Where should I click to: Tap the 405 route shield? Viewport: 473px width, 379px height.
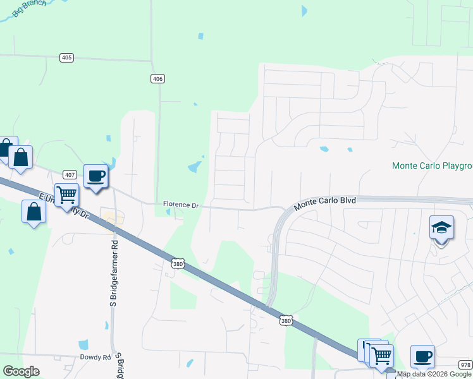coord(67,57)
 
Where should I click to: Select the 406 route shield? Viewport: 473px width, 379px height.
coord(158,78)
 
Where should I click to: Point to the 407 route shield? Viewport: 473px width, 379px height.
coord(70,174)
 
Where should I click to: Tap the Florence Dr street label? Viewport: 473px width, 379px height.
coord(181,205)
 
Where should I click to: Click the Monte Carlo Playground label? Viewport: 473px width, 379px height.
coord(433,166)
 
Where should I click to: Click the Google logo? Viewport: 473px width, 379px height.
coord(21,371)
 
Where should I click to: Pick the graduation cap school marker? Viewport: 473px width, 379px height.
coord(442,228)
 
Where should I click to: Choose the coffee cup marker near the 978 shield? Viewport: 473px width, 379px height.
coord(422,357)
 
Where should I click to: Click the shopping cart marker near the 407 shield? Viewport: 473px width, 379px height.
coord(66,195)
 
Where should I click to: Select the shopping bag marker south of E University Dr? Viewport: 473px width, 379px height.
coord(34,212)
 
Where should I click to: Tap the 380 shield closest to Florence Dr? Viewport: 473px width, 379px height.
coord(178,262)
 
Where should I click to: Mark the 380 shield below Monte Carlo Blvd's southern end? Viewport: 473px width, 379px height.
coord(286,321)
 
